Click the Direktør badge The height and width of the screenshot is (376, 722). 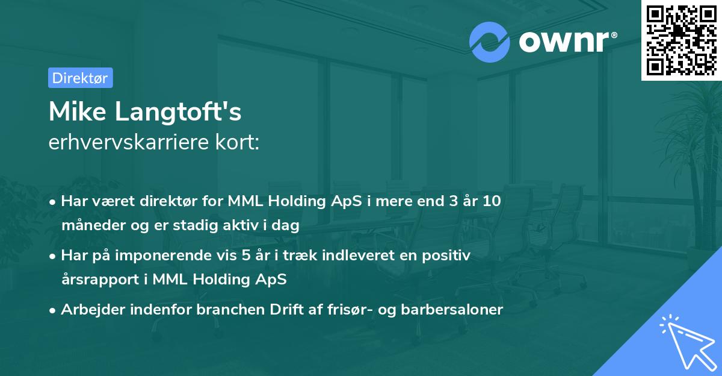pyautogui.click(x=80, y=78)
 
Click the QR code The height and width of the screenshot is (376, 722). pyautogui.click(x=681, y=40)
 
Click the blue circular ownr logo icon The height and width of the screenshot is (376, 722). pyautogui.click(x=490, y=41)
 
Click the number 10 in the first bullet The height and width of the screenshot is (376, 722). pyautogui.click(x=491, y=201)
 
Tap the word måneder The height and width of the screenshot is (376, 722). pyautogui.click(x=91, y=225)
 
